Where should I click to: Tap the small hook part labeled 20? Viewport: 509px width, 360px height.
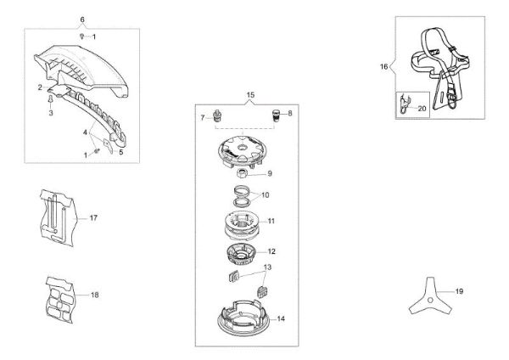[406, 107]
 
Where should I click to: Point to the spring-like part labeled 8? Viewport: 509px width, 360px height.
[275, 114]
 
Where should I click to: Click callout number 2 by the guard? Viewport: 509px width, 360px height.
[40, 87]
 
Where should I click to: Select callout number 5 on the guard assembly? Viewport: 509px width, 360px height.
[120, 152]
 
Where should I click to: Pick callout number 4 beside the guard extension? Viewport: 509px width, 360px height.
[84, 132]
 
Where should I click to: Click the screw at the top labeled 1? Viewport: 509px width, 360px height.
[82, 37]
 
